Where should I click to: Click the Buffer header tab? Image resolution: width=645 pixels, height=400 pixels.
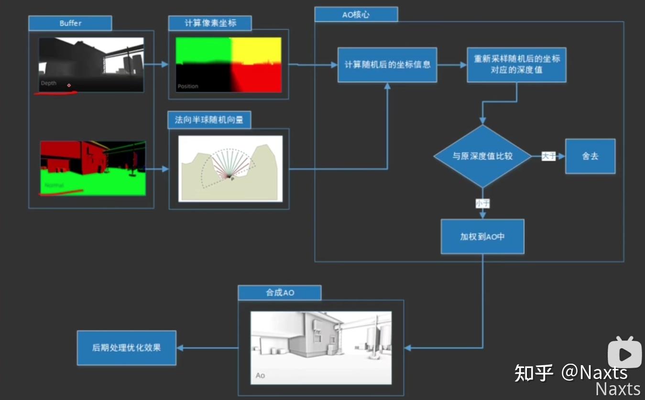[70, 23]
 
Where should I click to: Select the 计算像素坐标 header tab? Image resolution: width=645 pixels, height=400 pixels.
[210, 23]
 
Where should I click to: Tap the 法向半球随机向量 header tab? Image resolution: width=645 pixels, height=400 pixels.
[209, 120]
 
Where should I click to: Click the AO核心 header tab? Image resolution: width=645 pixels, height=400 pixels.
[356, 14]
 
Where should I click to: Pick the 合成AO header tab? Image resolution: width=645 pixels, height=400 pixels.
[280, 293]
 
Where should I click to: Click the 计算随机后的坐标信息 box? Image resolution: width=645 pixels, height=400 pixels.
[387, 65]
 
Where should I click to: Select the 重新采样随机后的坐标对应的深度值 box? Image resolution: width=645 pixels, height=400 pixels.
[516, 65]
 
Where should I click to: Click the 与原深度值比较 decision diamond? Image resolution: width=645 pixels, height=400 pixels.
[482, 156]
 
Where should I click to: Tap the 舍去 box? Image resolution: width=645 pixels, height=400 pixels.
[590, 156]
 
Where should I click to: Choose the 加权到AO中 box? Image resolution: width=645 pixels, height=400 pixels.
[482, 237]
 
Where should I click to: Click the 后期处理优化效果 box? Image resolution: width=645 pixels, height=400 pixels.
[127, 347]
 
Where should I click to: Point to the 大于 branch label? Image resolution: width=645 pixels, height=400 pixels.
[548, 156]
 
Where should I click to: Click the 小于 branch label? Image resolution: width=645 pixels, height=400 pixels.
[482, 204]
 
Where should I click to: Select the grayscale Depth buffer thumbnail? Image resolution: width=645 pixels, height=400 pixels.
[91, 64]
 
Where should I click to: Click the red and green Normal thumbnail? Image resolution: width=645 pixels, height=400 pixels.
[93, 168]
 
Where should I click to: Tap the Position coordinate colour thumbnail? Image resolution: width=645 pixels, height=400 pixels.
[229, 64]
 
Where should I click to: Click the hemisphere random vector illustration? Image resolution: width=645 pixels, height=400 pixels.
[230, 168]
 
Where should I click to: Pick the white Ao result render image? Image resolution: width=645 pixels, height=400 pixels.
[321, 347]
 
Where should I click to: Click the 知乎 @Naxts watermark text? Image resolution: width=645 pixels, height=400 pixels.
[571, 373]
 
